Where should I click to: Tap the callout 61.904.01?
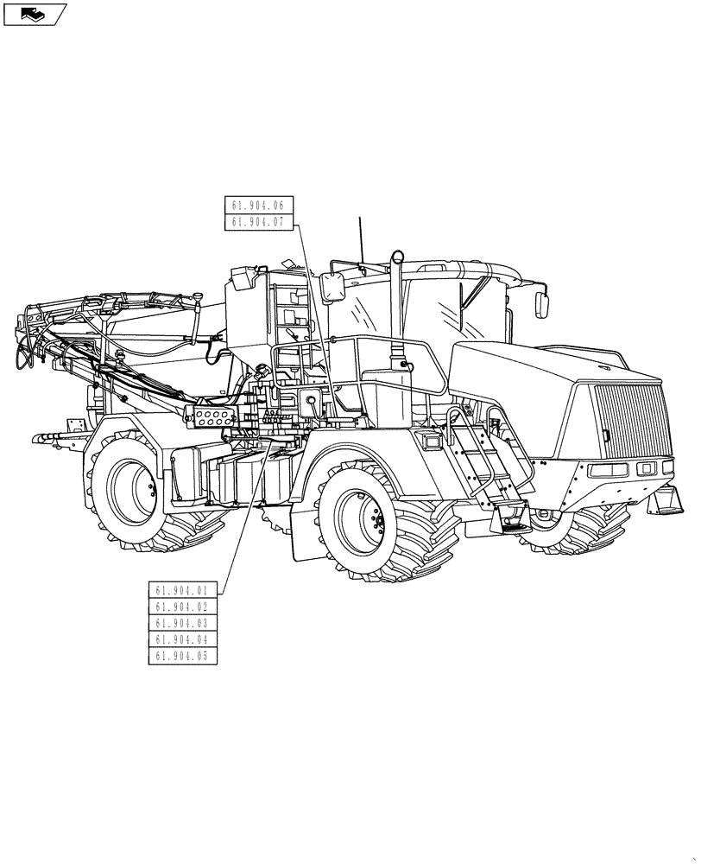[182, 590]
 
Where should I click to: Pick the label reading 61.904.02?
[182, 607]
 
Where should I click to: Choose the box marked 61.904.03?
[182, 623]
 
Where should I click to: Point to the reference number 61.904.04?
[182, 639]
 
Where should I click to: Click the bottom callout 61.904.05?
[182, 656]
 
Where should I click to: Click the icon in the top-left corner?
[35, 13]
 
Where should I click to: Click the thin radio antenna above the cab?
[360, 238]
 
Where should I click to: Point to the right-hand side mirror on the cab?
[542, 304]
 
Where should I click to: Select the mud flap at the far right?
[666, 500]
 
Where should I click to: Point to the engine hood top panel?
[527, 363]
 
